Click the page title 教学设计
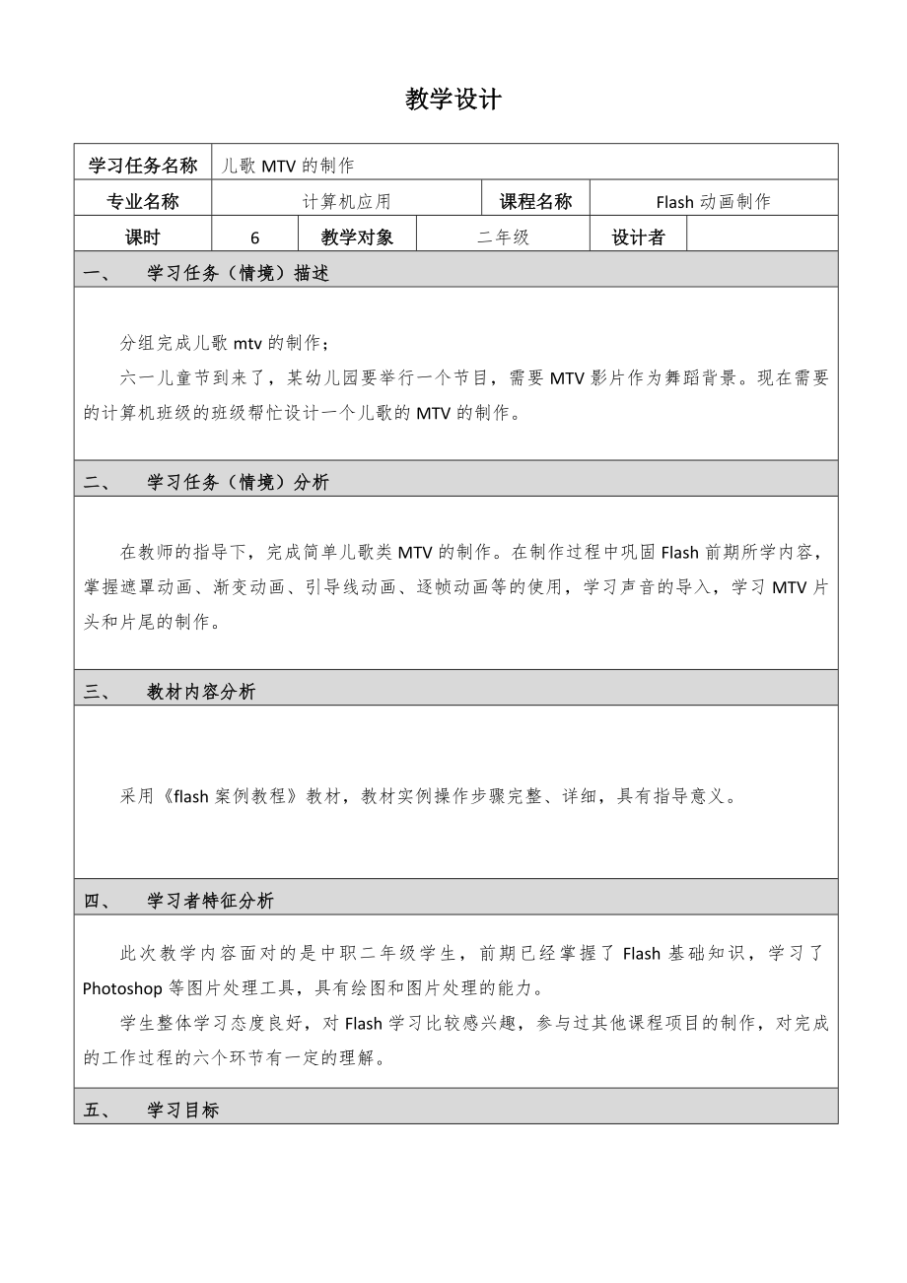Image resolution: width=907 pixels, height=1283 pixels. pos(453,100)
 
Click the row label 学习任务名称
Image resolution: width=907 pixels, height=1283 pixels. pos(143,165)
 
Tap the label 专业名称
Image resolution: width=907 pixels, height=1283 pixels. pos(143,201)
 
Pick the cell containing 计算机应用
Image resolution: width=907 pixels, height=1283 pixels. pos(346,201)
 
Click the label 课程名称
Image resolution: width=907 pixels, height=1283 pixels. pos(535,201)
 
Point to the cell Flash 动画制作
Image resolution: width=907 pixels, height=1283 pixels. pos(713,201)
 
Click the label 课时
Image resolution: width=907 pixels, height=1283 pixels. pos(143,236)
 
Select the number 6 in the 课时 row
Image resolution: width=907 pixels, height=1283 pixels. pos(255,236)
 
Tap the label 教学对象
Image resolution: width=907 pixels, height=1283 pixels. pos(357,236)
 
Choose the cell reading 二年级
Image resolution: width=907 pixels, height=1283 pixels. pos(503,236)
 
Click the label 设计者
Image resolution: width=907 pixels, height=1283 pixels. pos(638,236)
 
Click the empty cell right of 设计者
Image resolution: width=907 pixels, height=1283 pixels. pos(761,236)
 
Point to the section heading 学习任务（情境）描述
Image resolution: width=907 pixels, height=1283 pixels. pos(238,273)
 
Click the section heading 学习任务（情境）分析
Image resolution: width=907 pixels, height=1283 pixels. pos(238,482)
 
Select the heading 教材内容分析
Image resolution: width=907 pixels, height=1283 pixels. pos(201,692)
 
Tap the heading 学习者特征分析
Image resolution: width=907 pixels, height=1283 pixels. pos(210,901)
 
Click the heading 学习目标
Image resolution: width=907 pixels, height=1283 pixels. pos(182,1110)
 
